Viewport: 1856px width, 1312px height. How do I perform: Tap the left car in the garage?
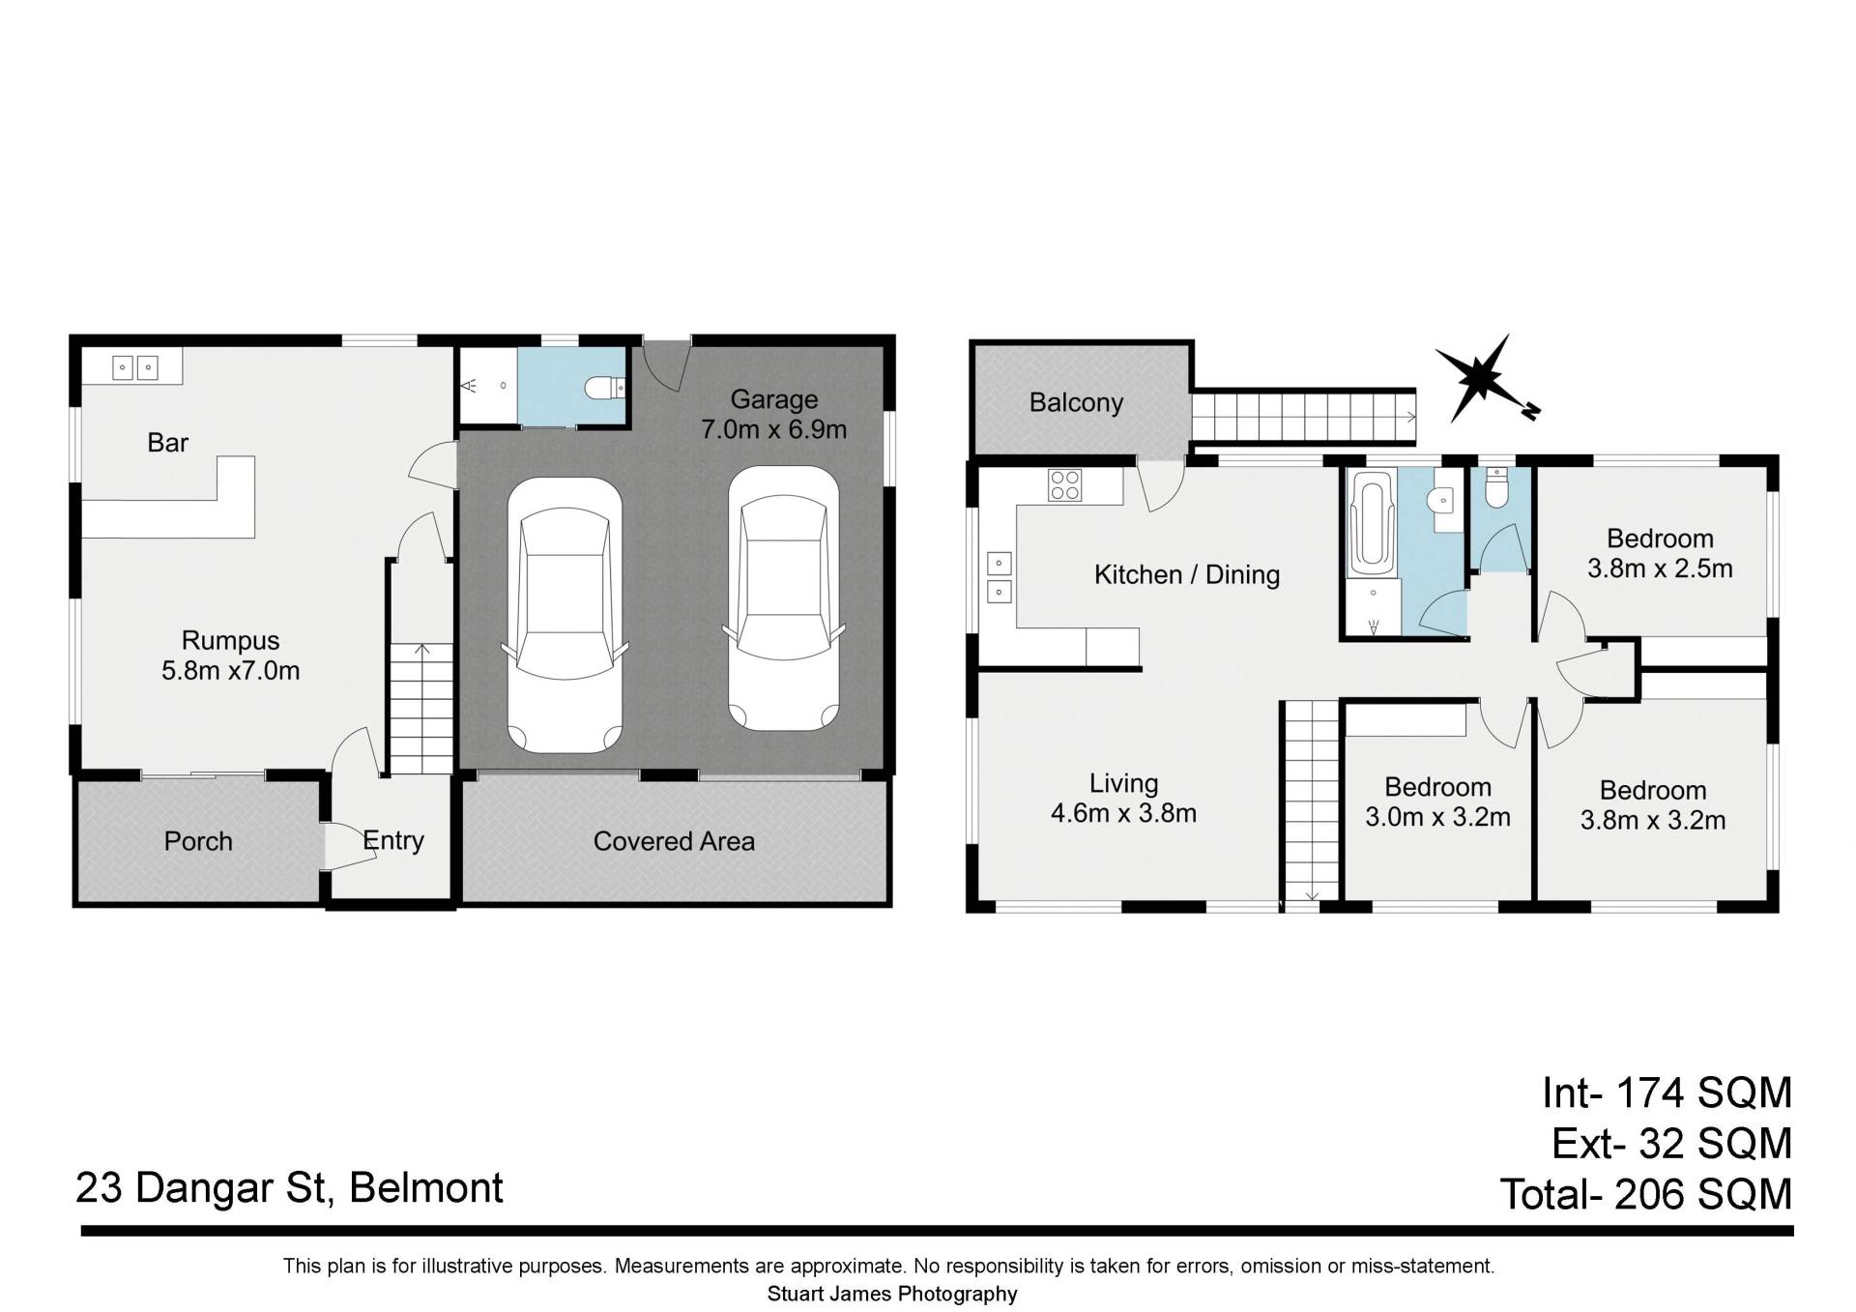tap(565, 614)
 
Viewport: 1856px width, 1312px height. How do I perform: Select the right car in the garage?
tap(784, 598)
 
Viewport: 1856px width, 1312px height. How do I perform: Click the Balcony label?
tap(1076, 402)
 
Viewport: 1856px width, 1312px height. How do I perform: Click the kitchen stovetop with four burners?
tap(1065, 484)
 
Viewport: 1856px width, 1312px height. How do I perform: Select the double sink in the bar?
tap(134, 367)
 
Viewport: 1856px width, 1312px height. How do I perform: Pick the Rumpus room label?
tap(230, 640)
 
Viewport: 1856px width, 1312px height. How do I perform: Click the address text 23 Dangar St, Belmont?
tap(289, 1188)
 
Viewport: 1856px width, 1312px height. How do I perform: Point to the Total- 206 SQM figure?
tap(1645, 1195)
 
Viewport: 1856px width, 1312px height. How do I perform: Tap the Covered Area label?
tap(674, 841)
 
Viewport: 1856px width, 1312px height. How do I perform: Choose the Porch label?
tap(198, 841)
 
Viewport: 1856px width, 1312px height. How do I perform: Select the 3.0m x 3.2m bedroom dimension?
tap(1437, 817)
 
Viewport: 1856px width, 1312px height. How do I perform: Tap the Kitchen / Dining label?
tap(1187, 574)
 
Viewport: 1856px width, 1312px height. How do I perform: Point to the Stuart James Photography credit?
tap(892, 1294)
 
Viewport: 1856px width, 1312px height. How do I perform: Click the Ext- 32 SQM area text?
tap(1672, 1144)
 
